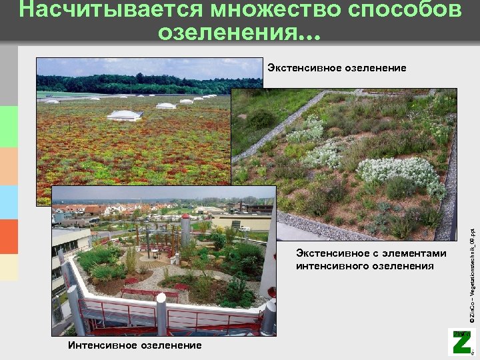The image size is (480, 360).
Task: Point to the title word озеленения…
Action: [x=239, y=33]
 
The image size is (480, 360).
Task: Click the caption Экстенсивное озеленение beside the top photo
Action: [x=337, y=68]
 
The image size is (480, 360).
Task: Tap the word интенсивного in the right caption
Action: [x=333, y=266]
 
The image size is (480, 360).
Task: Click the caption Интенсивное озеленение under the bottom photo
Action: [x=134, y=345]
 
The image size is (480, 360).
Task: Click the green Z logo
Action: [x=461, y=343]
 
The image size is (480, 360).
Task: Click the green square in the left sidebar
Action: [x=9, y=126]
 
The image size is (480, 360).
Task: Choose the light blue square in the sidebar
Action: [x=9, y=202]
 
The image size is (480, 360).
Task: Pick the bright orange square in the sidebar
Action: [x=9, y=237]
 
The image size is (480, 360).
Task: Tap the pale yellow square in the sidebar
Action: [x=9, y=267]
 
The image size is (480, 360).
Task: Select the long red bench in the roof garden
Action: [x=139, y=293]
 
